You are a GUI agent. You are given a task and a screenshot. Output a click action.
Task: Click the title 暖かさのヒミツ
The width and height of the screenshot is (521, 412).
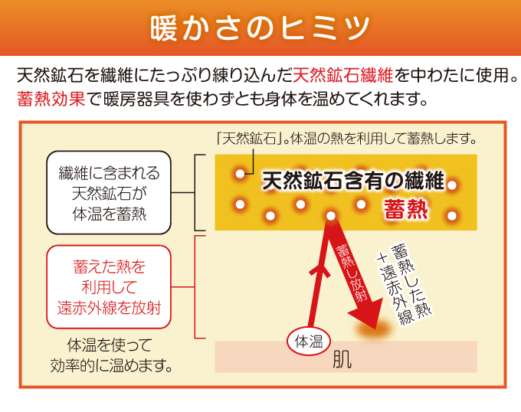tap(260, 28)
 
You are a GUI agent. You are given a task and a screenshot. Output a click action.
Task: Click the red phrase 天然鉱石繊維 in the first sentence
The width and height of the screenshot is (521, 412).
tap(343, 75)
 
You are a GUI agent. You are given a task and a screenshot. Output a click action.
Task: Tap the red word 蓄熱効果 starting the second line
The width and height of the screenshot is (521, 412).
tap(51, 99)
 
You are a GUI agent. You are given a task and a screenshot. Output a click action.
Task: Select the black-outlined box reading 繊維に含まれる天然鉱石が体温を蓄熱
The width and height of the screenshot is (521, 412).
tap(109, 192)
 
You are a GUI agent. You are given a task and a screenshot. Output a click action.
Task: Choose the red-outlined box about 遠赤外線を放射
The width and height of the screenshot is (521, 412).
tap(109, 287)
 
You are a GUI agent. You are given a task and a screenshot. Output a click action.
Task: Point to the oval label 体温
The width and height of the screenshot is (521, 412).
tap(309, 342)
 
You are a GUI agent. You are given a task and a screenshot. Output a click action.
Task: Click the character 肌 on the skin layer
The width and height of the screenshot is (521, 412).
tap(342, 359)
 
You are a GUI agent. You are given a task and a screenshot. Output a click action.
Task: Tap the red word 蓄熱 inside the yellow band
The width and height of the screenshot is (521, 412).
tap(406, 209)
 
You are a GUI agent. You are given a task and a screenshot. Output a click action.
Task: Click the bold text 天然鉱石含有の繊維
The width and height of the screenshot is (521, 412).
tap(353, 181)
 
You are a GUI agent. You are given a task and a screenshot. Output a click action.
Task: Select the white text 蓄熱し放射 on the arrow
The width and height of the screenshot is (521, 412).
tap(352, 273)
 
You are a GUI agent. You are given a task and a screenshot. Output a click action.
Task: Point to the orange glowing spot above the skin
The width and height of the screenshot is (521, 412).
tap(374, 329)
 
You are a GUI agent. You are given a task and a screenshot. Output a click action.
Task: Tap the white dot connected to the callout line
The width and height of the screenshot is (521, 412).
tap(240, 174)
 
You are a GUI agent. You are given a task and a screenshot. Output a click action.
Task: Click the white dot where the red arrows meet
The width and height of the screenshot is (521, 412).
tap(331, 216)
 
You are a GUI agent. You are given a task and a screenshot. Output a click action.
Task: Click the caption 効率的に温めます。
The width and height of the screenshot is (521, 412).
tap(111, 366)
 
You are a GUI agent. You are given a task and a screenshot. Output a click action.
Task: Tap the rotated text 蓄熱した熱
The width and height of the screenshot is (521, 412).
tap(411, 282)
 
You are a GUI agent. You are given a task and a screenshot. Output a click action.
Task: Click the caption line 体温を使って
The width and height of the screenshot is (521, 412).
tap(110, 345)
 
